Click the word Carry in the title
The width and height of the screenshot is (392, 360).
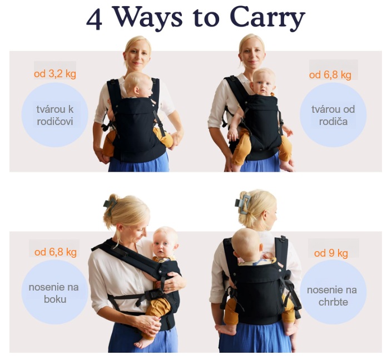pos(267,18)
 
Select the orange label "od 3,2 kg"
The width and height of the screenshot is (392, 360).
pos(55,74)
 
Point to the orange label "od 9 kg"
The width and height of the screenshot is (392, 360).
pos(331,253)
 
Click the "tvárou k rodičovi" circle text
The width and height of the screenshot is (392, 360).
pos(54,116)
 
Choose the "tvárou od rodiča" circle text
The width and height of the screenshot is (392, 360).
pos(333,116)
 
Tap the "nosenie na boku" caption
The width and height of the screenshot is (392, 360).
pos(54,293)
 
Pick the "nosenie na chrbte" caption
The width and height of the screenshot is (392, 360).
pos(333,296)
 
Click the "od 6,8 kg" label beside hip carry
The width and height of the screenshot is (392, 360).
pos(56,252)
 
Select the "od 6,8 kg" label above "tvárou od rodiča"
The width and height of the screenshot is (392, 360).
pos(330,75)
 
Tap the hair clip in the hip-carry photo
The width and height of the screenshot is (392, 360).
pos(110,206)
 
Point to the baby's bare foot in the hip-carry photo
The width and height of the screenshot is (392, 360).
pos(142,343)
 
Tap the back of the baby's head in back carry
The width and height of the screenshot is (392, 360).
pos(245,244)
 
